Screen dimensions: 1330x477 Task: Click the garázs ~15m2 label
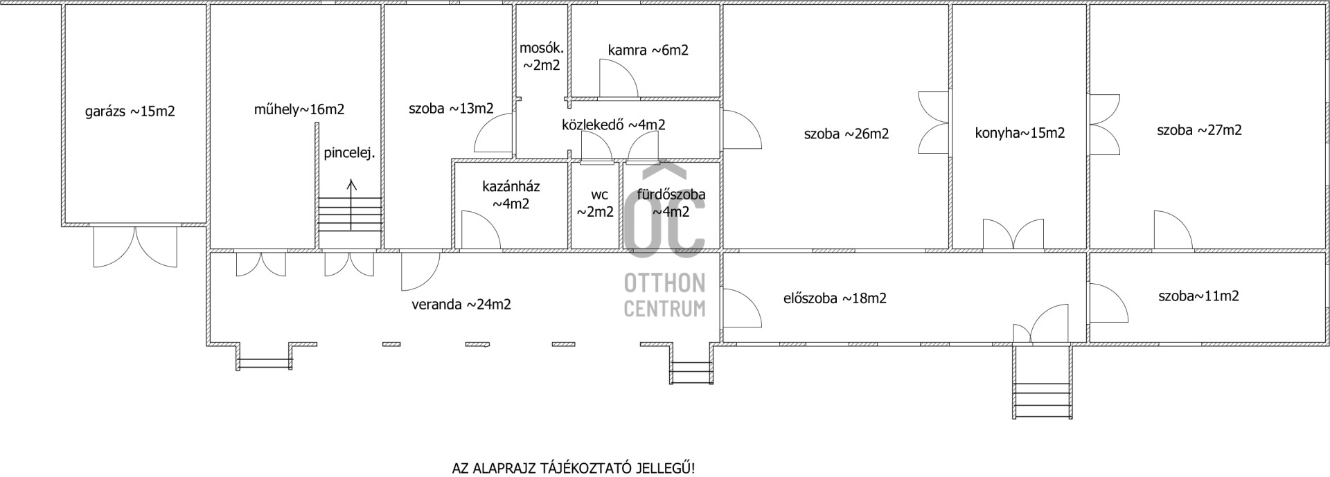tap(130, 111)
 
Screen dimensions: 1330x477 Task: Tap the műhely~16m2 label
tap(299, 109)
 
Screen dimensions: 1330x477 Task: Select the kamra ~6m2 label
tap(648, 50)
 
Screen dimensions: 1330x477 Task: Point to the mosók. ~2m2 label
tap(542, 57)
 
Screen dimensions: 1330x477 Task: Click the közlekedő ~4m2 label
tap(614, 125)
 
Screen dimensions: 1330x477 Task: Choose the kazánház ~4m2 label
tap(511, 195)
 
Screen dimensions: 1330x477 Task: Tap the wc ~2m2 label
tap(596, 204)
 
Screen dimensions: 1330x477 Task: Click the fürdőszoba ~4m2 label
tap(671, 203)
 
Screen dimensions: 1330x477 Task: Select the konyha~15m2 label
tap(1020, 133)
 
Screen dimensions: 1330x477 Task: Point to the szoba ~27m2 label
tap(1199, 130)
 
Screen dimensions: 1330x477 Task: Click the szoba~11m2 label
tap(1198, 296)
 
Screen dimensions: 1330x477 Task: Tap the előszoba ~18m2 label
tap(835, 298)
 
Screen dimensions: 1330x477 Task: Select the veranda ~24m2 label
tap(461, 305)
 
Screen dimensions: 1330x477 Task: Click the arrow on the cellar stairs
tap(351, 205)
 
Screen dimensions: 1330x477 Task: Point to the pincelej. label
tap(349, 154)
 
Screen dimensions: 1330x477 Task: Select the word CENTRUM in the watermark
tap(664, 308)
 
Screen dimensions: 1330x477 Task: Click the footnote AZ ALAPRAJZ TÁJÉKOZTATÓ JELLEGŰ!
tap(574, 469)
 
